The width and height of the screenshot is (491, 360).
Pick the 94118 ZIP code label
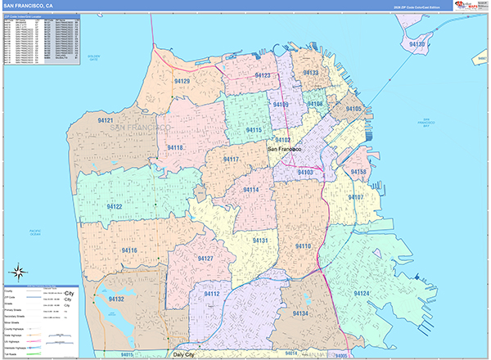(175, 147)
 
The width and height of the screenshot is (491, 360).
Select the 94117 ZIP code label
(231, 159)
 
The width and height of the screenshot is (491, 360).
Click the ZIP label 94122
(114, 207)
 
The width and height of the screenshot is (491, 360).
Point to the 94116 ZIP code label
(129, 250)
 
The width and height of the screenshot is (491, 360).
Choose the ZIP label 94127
(205, 259)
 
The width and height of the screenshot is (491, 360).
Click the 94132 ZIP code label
(115, 299)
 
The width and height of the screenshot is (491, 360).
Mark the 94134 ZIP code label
(300, 313)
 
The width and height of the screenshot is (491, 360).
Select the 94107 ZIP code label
(355, 198)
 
